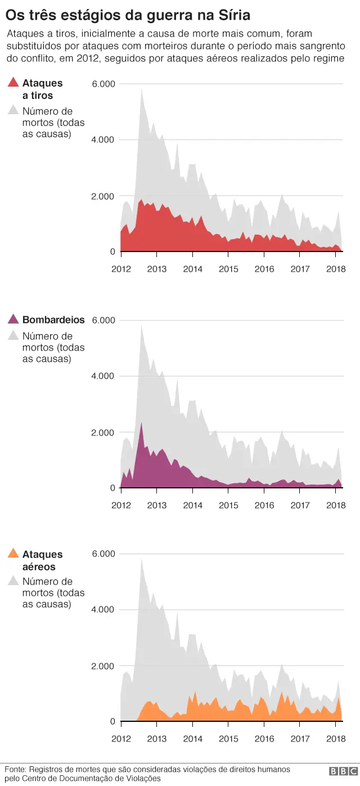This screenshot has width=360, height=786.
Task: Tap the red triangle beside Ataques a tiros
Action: pos(13,83)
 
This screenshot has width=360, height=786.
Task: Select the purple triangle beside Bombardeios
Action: pos(13,320)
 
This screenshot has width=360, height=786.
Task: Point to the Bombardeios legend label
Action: pos(53,320)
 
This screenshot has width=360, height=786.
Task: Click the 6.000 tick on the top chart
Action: pos(103,84)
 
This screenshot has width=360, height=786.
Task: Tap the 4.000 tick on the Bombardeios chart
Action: pos(103,376)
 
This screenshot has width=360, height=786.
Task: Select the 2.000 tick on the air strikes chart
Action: pos(103,666)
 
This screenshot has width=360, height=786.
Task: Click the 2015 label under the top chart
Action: pos(228,269)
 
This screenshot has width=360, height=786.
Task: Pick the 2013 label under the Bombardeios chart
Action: pos(156,505)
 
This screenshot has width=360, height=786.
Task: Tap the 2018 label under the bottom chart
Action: pos(336,739)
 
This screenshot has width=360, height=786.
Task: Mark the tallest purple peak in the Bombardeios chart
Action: pos(141,423)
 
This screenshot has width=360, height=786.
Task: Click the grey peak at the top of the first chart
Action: pos(141,89)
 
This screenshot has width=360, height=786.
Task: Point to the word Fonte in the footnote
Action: pos(15,769)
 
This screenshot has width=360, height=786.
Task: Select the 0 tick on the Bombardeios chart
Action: pos(112,488)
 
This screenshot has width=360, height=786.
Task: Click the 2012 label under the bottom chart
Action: pos(121,739)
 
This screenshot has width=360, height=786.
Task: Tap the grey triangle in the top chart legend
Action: pos(13,111)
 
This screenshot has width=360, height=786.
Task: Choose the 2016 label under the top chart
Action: pos(264,269)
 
